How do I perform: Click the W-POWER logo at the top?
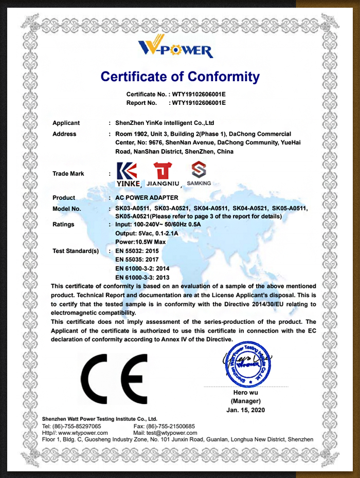pyautogui.click(x=175, y=47)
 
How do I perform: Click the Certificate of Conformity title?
pyautogui.click(x=180, y=77)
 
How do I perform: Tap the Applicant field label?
pyautogui.click(x=66, y=123)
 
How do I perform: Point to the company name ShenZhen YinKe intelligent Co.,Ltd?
pyautogui.click(x=165, y=123)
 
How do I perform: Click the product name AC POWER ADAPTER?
pyautogui.click(x=147, y=198)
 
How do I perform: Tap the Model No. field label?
pyautogui.click(x=67, y=209)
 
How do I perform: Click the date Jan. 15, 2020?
pyautogui.click(x=245, y=410)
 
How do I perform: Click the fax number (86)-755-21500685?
pyautogui.click(x=171, y=426)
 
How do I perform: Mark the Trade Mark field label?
pyautogui.click(x=68, y=174)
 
